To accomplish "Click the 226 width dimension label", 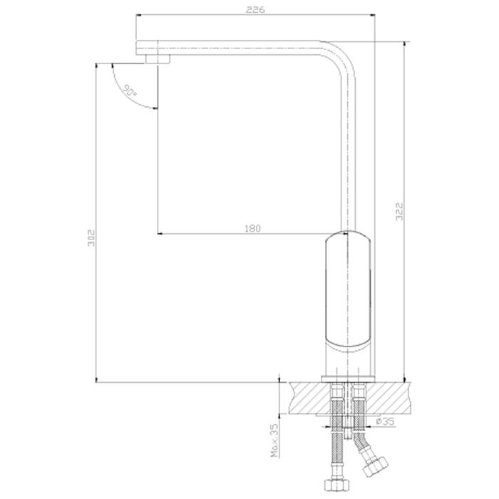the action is coord(255,9).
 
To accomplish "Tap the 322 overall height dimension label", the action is coord(399,211).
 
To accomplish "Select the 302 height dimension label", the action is coord(91,238).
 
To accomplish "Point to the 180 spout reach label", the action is coord(252,229).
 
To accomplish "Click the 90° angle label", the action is coord(130,91).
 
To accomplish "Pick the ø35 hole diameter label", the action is coord(385,421).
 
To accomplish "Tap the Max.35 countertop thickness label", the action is coord(275,440).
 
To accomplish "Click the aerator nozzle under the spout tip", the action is coord(158,59).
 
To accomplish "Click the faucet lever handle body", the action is coord(349,291).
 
